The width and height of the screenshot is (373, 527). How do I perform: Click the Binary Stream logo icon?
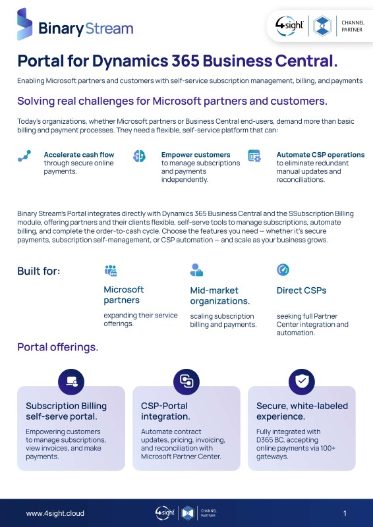(x=25, y=24)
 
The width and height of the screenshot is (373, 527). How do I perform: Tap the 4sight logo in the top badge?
(x=289, y=26)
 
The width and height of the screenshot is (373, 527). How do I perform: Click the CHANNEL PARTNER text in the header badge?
(x=353, y=26)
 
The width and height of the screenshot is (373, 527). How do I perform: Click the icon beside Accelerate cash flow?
(x=24, y=156)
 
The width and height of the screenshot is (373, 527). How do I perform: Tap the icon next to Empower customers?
(x=139, y=156)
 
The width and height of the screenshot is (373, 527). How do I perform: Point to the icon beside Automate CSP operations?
(x=254, y=156)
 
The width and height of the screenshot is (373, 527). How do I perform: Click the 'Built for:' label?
(x=39, y=271)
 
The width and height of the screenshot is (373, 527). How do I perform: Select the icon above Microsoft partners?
(x=111, y=271)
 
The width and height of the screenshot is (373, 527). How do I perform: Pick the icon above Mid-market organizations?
(x=196, y=270)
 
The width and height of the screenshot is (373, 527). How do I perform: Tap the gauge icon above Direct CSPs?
(x=283, y=269)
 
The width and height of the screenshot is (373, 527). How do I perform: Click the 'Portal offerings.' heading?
(x=58, y=347)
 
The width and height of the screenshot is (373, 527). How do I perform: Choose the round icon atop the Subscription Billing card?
(x=71, y=382)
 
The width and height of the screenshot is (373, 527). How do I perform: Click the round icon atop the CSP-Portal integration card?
(x=186, y=382)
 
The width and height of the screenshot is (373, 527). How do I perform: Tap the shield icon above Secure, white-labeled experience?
(x=302, y=382)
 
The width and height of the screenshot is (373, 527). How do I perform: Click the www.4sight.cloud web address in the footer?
(x=55, y=513)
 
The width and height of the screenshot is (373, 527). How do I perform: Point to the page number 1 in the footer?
(x=345, y=513)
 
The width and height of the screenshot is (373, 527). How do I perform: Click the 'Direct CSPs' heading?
(x=301, y=291)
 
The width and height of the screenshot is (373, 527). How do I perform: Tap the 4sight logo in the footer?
(x=165, y=513)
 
